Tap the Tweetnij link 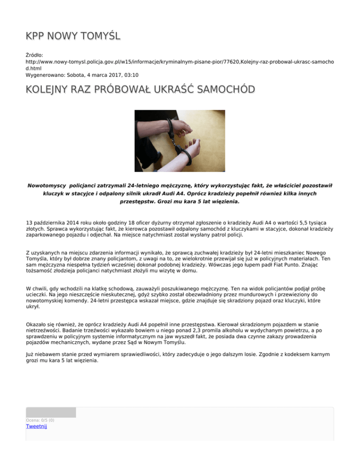pyautogui.click(x=37, y=426)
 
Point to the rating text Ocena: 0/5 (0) pyautogui.click(x=40, y=420)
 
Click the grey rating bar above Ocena pyautogui.click(x=51, y=413)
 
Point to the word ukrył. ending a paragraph pyautogui.click(x=32, y=306)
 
